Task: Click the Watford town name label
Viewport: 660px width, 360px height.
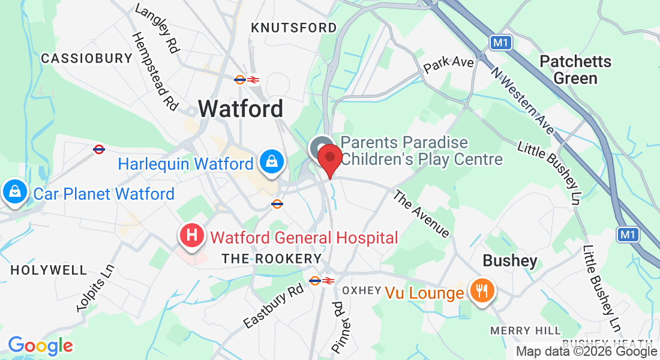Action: [241, 109]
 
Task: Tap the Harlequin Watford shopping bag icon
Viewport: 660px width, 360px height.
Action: [272, 161]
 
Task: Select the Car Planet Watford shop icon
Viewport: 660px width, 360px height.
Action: [13, 192]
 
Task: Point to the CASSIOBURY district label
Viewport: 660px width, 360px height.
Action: [86, 58]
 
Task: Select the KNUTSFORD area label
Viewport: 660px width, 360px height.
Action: [294, 28]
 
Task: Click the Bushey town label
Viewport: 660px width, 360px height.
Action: [510, 260]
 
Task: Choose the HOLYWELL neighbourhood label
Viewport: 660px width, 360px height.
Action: [49, 270]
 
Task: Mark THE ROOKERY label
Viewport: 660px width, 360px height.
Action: [272, 259]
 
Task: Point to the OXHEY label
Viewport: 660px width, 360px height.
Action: [362, 290]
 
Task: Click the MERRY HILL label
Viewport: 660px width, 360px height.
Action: [526, 331]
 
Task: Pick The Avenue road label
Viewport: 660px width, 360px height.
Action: [421, 214]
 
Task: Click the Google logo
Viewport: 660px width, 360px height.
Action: [40, 346]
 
